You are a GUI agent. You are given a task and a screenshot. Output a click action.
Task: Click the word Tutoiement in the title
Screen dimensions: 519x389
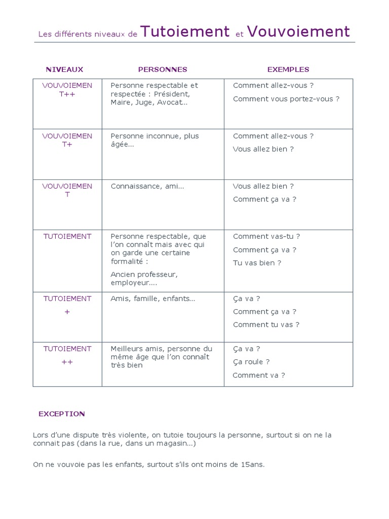pyautogui.click(x=185, y=32)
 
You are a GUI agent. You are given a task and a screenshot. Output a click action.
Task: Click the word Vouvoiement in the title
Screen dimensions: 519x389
pyautogui.click(x=298, y=32)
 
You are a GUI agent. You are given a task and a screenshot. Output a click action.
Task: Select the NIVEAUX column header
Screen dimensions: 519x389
pyautogui.click(x=64, y=69)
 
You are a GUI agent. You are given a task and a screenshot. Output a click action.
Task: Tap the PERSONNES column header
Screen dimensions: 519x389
pyautogui.click(x=163, y=69)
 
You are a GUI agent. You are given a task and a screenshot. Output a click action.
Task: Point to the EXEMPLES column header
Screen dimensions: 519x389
pyautogui.click(x=288, y=69)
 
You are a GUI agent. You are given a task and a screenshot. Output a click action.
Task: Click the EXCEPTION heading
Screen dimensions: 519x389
pyautogui.click(x=62, y=414)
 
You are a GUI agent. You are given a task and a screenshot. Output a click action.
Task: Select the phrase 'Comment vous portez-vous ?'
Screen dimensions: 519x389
pyautogui.click(x=286, y=99)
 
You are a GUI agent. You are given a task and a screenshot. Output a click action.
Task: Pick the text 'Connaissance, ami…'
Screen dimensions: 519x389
pyautogui.click(x=147, y=186)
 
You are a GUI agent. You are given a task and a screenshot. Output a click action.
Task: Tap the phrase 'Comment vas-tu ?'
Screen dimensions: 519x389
pyautogui.click(x=266, y=236)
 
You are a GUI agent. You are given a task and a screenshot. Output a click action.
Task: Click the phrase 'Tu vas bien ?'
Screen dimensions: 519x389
pyautogui.click(x=257, y=263)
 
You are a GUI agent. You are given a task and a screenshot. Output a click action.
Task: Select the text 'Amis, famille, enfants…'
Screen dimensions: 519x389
pyautogui.click(x=153, y=299)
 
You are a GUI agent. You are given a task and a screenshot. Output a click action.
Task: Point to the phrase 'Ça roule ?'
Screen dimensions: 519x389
pyautogui.click(x=251, y=362)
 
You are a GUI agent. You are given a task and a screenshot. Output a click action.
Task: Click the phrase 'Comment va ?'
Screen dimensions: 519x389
pyautogui.click(x=259, y=376)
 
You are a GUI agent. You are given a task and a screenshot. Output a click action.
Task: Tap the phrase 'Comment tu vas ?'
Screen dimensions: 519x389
pyautogui.click(x=266, y=325)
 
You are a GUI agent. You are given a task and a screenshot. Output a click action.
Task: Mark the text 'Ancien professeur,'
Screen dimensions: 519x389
pyautogui.click(x=144, y=274)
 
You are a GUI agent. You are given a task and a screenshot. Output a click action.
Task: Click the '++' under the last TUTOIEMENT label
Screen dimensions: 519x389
pyautogui.click(x=67, y=362)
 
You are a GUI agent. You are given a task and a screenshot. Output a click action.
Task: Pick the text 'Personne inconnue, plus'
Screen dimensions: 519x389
pyautogui.click(x=154, y=136)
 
